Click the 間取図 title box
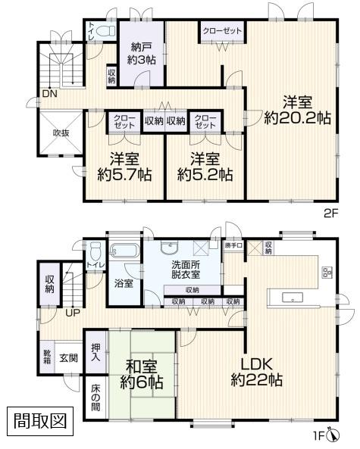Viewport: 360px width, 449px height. [x=40, y=421]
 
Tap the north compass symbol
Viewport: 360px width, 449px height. [x=334, y=435]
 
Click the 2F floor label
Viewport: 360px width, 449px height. [x=332, y=214]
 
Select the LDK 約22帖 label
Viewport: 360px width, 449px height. [x=256, y=373]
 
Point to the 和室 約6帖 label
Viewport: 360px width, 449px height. [x=142, y=374]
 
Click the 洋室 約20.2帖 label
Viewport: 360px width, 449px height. [x=297, y=110]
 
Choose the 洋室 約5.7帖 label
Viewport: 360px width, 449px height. [x=125, y=167]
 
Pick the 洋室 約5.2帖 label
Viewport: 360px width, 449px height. [x=205, y=167]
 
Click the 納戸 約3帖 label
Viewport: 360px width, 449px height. [x=141, y=54]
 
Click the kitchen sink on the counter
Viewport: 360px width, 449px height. [x=293, y=298]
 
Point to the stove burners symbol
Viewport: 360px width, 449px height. [x=326, y=273]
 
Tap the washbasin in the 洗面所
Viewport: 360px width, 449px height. [x=170, y=247]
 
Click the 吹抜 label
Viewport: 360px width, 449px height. [x=61, y=133]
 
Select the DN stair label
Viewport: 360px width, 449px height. [x=50, y=94]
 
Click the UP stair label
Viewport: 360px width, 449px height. [x=73, y=313]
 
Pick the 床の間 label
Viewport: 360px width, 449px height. [x=95, y=398]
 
